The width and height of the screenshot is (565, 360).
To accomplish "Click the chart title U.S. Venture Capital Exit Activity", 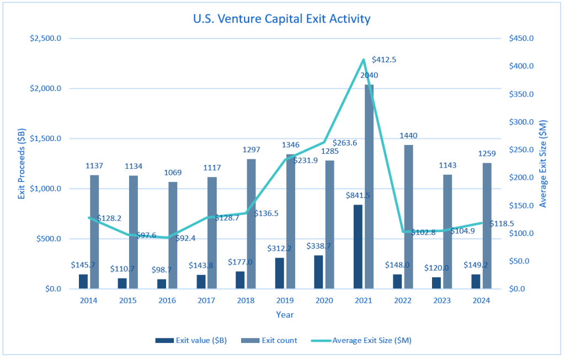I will (281, 19).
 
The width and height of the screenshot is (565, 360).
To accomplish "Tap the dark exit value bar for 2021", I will (358, 246).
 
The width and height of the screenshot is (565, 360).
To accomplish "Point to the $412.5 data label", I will (384, 59).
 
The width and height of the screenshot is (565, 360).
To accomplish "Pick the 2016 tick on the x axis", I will (168, 300).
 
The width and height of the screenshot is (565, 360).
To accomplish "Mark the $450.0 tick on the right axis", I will (520, 39).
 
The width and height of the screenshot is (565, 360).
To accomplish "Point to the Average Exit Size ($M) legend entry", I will (372, 340).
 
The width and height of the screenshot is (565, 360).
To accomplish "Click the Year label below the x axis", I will (285, 315).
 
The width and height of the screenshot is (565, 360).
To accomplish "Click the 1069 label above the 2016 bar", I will (173, 172).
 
